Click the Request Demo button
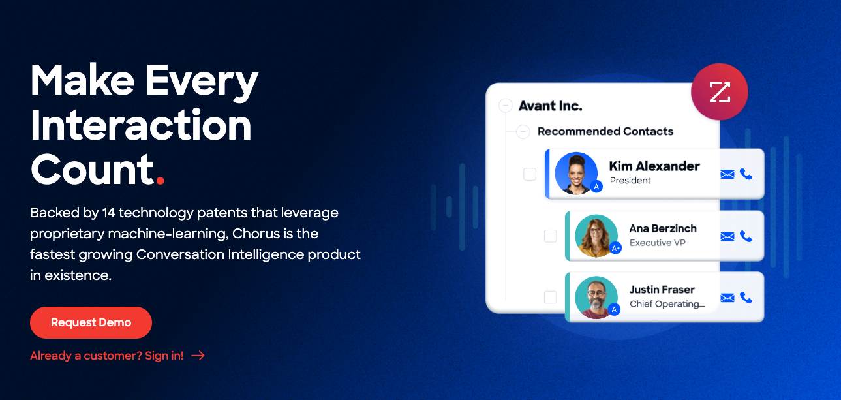coord(91,322)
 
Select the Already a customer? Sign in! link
coord(106,356)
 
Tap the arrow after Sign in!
coord(198,356)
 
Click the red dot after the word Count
coord(161,181)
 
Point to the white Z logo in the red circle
coord(720,92)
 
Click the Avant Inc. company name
coord(551,106)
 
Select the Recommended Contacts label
coord(605,131)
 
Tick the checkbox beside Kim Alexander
coord(530,174)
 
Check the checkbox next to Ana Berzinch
coord(551,236)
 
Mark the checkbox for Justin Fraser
coord(551,297)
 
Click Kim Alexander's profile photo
coord(576,173)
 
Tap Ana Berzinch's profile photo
coord(596,236)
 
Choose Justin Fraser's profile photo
coord(596,298)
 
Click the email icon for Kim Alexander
coord(727,174)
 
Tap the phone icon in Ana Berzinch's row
coord(746,236)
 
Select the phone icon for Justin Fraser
coord(746,298)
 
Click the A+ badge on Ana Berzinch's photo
coord(616,248)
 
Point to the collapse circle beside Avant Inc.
coord(506,106)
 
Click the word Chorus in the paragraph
coord(256,234)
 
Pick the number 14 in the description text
coord(108,213)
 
